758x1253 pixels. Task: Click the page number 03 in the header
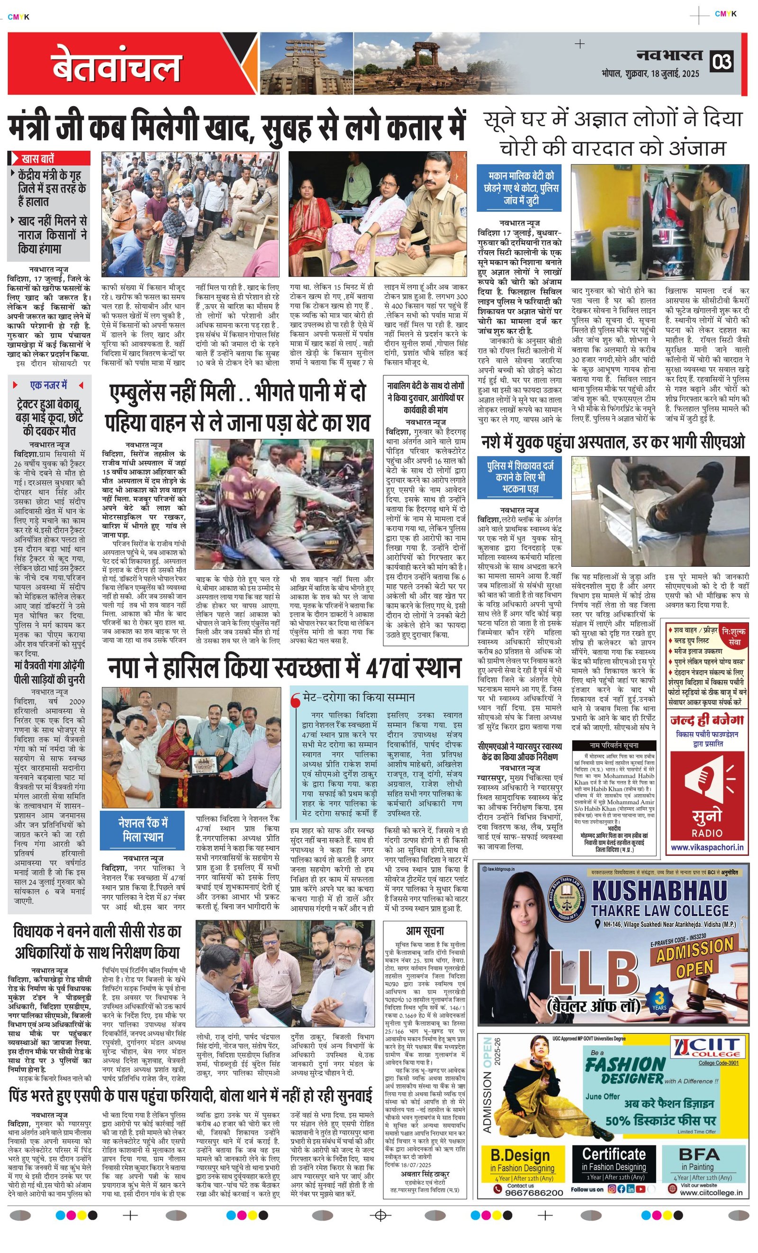pyautogui.click(x=722, y=62)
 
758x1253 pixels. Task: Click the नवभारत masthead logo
pyautogui.click(x=669, y=55)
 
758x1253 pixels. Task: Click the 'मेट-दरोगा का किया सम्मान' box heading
pyautogui.click(x=359, y=697)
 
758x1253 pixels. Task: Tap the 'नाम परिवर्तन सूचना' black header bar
pyautogui.click(x=614, y=745)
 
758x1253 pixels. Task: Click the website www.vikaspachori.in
pyautogui.click(x=707, y=848)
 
